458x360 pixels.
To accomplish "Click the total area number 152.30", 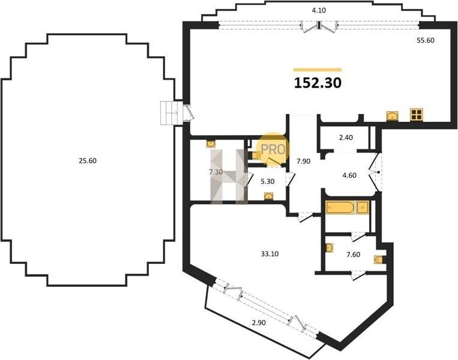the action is [318, 83].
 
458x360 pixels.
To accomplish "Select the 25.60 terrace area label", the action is [88, 161].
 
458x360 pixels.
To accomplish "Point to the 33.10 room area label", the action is [270, 254].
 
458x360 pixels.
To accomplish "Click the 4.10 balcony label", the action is [319, 11].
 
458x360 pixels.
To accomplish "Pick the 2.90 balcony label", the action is [259, 323].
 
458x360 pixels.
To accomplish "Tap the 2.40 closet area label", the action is [346, 137].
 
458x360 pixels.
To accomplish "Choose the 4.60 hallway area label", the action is [349, 175].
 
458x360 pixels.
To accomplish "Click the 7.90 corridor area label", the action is [304, 161].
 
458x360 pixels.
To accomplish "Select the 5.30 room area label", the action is [268, 182].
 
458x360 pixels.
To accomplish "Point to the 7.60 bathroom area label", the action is [354, 254].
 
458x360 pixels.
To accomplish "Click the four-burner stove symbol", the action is [417, 115].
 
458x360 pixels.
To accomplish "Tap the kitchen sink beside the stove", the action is [393, 116].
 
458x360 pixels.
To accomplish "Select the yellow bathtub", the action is [340, 208].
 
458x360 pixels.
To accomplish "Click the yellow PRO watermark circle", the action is [273, 149].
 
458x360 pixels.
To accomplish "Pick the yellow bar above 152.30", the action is [318, 70].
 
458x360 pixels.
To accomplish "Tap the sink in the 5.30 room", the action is [268, 196].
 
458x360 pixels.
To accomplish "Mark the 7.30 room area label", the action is [216, 172].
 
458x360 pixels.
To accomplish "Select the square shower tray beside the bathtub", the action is [363, 208].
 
